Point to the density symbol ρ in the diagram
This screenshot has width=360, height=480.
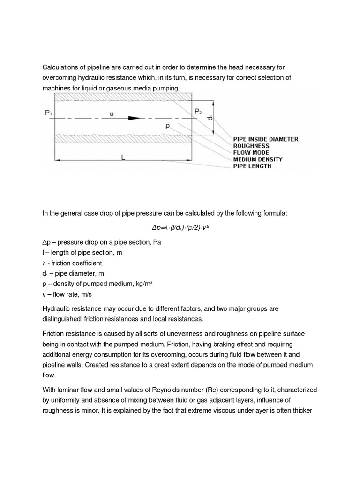point(167,126)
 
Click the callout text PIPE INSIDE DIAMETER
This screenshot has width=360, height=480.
point(265,139)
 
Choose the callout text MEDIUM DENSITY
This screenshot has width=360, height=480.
point(258,159)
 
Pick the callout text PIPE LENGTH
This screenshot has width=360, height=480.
point(252,166)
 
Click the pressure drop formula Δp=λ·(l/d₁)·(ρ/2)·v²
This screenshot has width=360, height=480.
point(180,227)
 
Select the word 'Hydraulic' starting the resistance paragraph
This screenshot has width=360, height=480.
point(58,309)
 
